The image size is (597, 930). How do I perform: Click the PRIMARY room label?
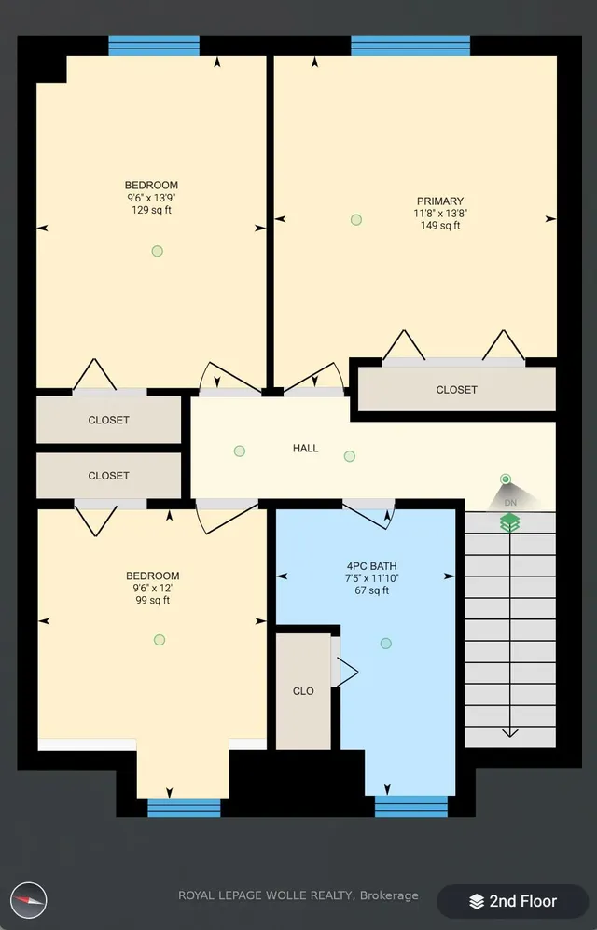pos(440,201)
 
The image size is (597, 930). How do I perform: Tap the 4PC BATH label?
pos(371,566)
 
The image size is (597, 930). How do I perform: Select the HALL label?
pos(305,449)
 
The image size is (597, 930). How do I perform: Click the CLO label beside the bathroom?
pos(303,691)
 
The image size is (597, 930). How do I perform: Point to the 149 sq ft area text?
pos(440,226)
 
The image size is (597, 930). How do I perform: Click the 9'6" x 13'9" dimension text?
pos(152,198)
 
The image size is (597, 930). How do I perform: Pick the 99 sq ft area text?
pos(153,600)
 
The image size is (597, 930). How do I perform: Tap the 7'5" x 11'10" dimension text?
pos(372,577)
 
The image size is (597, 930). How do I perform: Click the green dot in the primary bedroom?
pos(356,220)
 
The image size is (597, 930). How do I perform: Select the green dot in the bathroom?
pos(386,644)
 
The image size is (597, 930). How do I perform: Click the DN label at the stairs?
pos(510,503)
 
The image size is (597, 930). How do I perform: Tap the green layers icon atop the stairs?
pos(510,522)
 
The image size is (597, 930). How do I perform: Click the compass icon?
pos(29,900)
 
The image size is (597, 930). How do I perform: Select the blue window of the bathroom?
pos(410,807)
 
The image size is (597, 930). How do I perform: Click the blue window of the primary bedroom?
pos(410,47)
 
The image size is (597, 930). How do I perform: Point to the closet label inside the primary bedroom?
pos(456,390)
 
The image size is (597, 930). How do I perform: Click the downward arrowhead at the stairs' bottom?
pos(510,733)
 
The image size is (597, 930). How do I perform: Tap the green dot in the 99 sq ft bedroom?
pos(160,640)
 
